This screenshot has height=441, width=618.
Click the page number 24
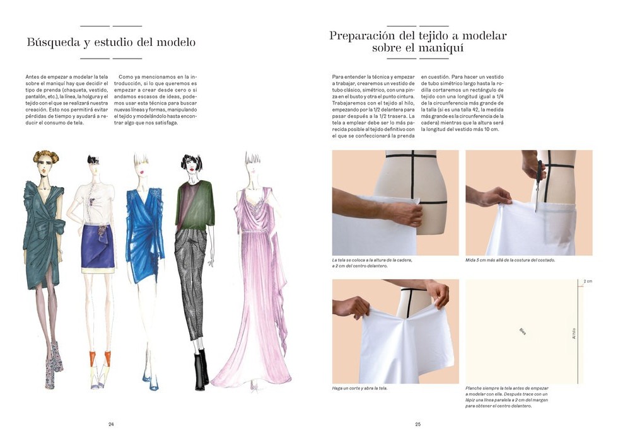(111, 424)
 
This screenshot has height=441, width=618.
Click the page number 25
(417, 424)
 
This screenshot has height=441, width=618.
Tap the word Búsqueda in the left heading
(54, 43)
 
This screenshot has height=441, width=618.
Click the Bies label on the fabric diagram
(523, 331)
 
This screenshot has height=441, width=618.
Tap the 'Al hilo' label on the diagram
(574, 333)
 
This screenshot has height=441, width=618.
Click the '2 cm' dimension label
(588, 281)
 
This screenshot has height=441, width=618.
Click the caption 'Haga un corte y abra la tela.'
(359, 388)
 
